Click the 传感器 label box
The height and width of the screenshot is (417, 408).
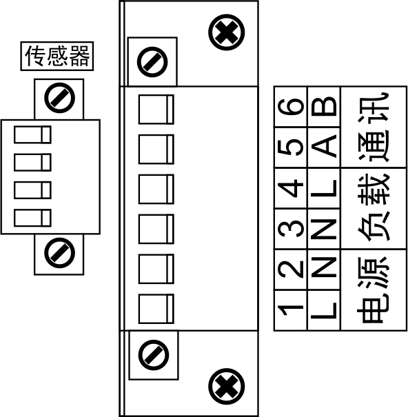57,56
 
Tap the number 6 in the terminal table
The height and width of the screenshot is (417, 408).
291,107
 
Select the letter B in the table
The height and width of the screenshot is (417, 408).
324,107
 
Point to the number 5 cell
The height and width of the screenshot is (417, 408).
291,148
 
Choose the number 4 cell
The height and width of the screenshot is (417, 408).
291,189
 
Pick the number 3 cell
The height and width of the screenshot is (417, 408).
291,230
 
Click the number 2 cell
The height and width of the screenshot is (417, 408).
291,269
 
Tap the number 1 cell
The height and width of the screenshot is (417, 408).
291,310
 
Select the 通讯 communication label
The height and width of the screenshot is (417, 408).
374,127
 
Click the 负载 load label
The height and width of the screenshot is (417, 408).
374,208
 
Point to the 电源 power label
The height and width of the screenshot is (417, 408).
374,290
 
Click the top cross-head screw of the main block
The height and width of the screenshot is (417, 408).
226,32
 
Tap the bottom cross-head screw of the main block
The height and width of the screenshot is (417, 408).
226,387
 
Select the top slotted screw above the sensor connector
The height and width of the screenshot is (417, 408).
59,98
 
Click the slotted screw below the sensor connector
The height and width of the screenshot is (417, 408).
59,253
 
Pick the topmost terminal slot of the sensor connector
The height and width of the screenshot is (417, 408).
32,135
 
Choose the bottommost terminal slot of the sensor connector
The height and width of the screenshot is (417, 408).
32,218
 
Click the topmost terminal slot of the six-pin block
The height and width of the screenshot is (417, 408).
156,110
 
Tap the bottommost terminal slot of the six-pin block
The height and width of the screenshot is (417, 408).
156,309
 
